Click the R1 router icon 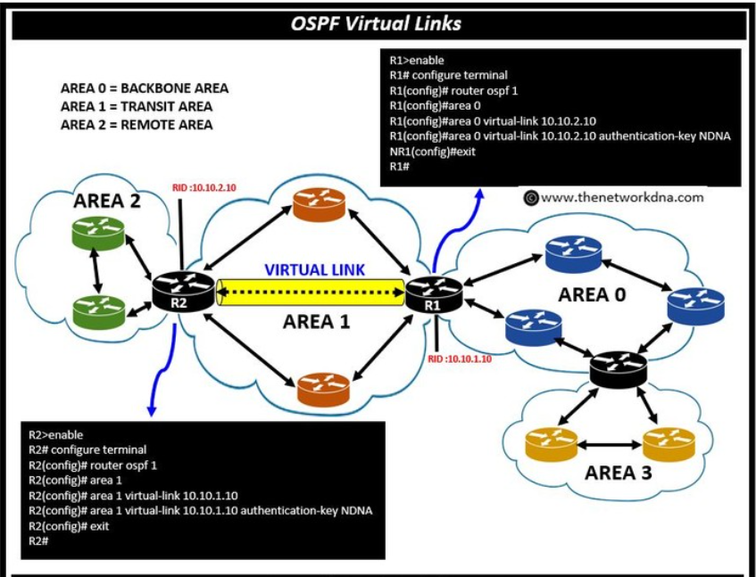pyautogui.click(x=434, y=293)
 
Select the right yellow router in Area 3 pyautogui.click(x=669, y=441)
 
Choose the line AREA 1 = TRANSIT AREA pyautogui.click(x=137, y=106)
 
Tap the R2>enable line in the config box pyautogui.click(x=55, y=435)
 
